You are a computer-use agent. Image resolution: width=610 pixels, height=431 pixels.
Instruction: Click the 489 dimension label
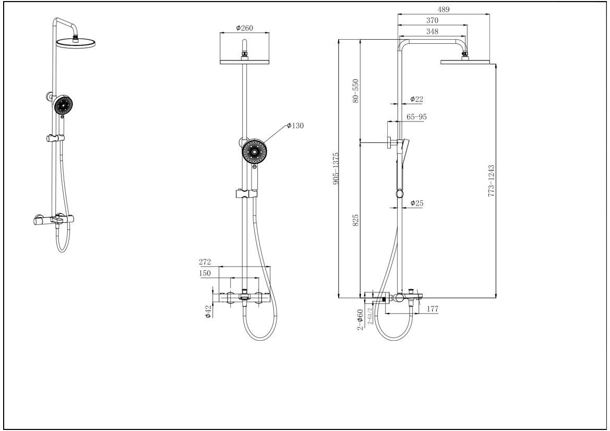point(444,9)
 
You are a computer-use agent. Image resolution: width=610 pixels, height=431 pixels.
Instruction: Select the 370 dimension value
point(432,20)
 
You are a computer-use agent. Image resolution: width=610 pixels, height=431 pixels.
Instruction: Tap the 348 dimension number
point(432,31)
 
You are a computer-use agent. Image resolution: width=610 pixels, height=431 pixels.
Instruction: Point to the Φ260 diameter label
point(244,28)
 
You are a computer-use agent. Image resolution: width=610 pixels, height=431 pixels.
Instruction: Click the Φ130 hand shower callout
point(295,125)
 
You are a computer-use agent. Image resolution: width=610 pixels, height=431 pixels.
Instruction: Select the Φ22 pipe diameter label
point(416,99)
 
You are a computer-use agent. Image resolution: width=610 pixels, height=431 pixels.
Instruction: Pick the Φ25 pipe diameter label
point(416,202)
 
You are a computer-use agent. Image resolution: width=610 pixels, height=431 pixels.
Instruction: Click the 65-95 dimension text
point(416,117)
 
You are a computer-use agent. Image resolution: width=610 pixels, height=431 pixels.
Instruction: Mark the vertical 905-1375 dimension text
point(336,168)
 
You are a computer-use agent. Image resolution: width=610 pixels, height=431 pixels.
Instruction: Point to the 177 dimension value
point(432,309)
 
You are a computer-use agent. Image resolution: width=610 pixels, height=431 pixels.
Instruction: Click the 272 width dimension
point(205,262)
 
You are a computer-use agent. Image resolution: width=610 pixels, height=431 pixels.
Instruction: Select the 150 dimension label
point(205,273)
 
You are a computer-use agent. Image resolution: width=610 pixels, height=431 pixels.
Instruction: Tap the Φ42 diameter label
point(208,312)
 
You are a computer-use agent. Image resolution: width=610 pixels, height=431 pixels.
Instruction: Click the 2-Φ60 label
point(360,319)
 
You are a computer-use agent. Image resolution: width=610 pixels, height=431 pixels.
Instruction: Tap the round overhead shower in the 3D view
point(76,43)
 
